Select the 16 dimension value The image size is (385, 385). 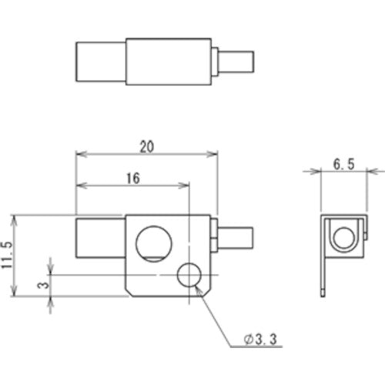coord(132,177)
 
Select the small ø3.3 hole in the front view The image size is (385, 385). coord(189,274)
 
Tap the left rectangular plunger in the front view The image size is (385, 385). coord(99,239)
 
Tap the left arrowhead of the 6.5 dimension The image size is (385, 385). coord(322,172)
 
